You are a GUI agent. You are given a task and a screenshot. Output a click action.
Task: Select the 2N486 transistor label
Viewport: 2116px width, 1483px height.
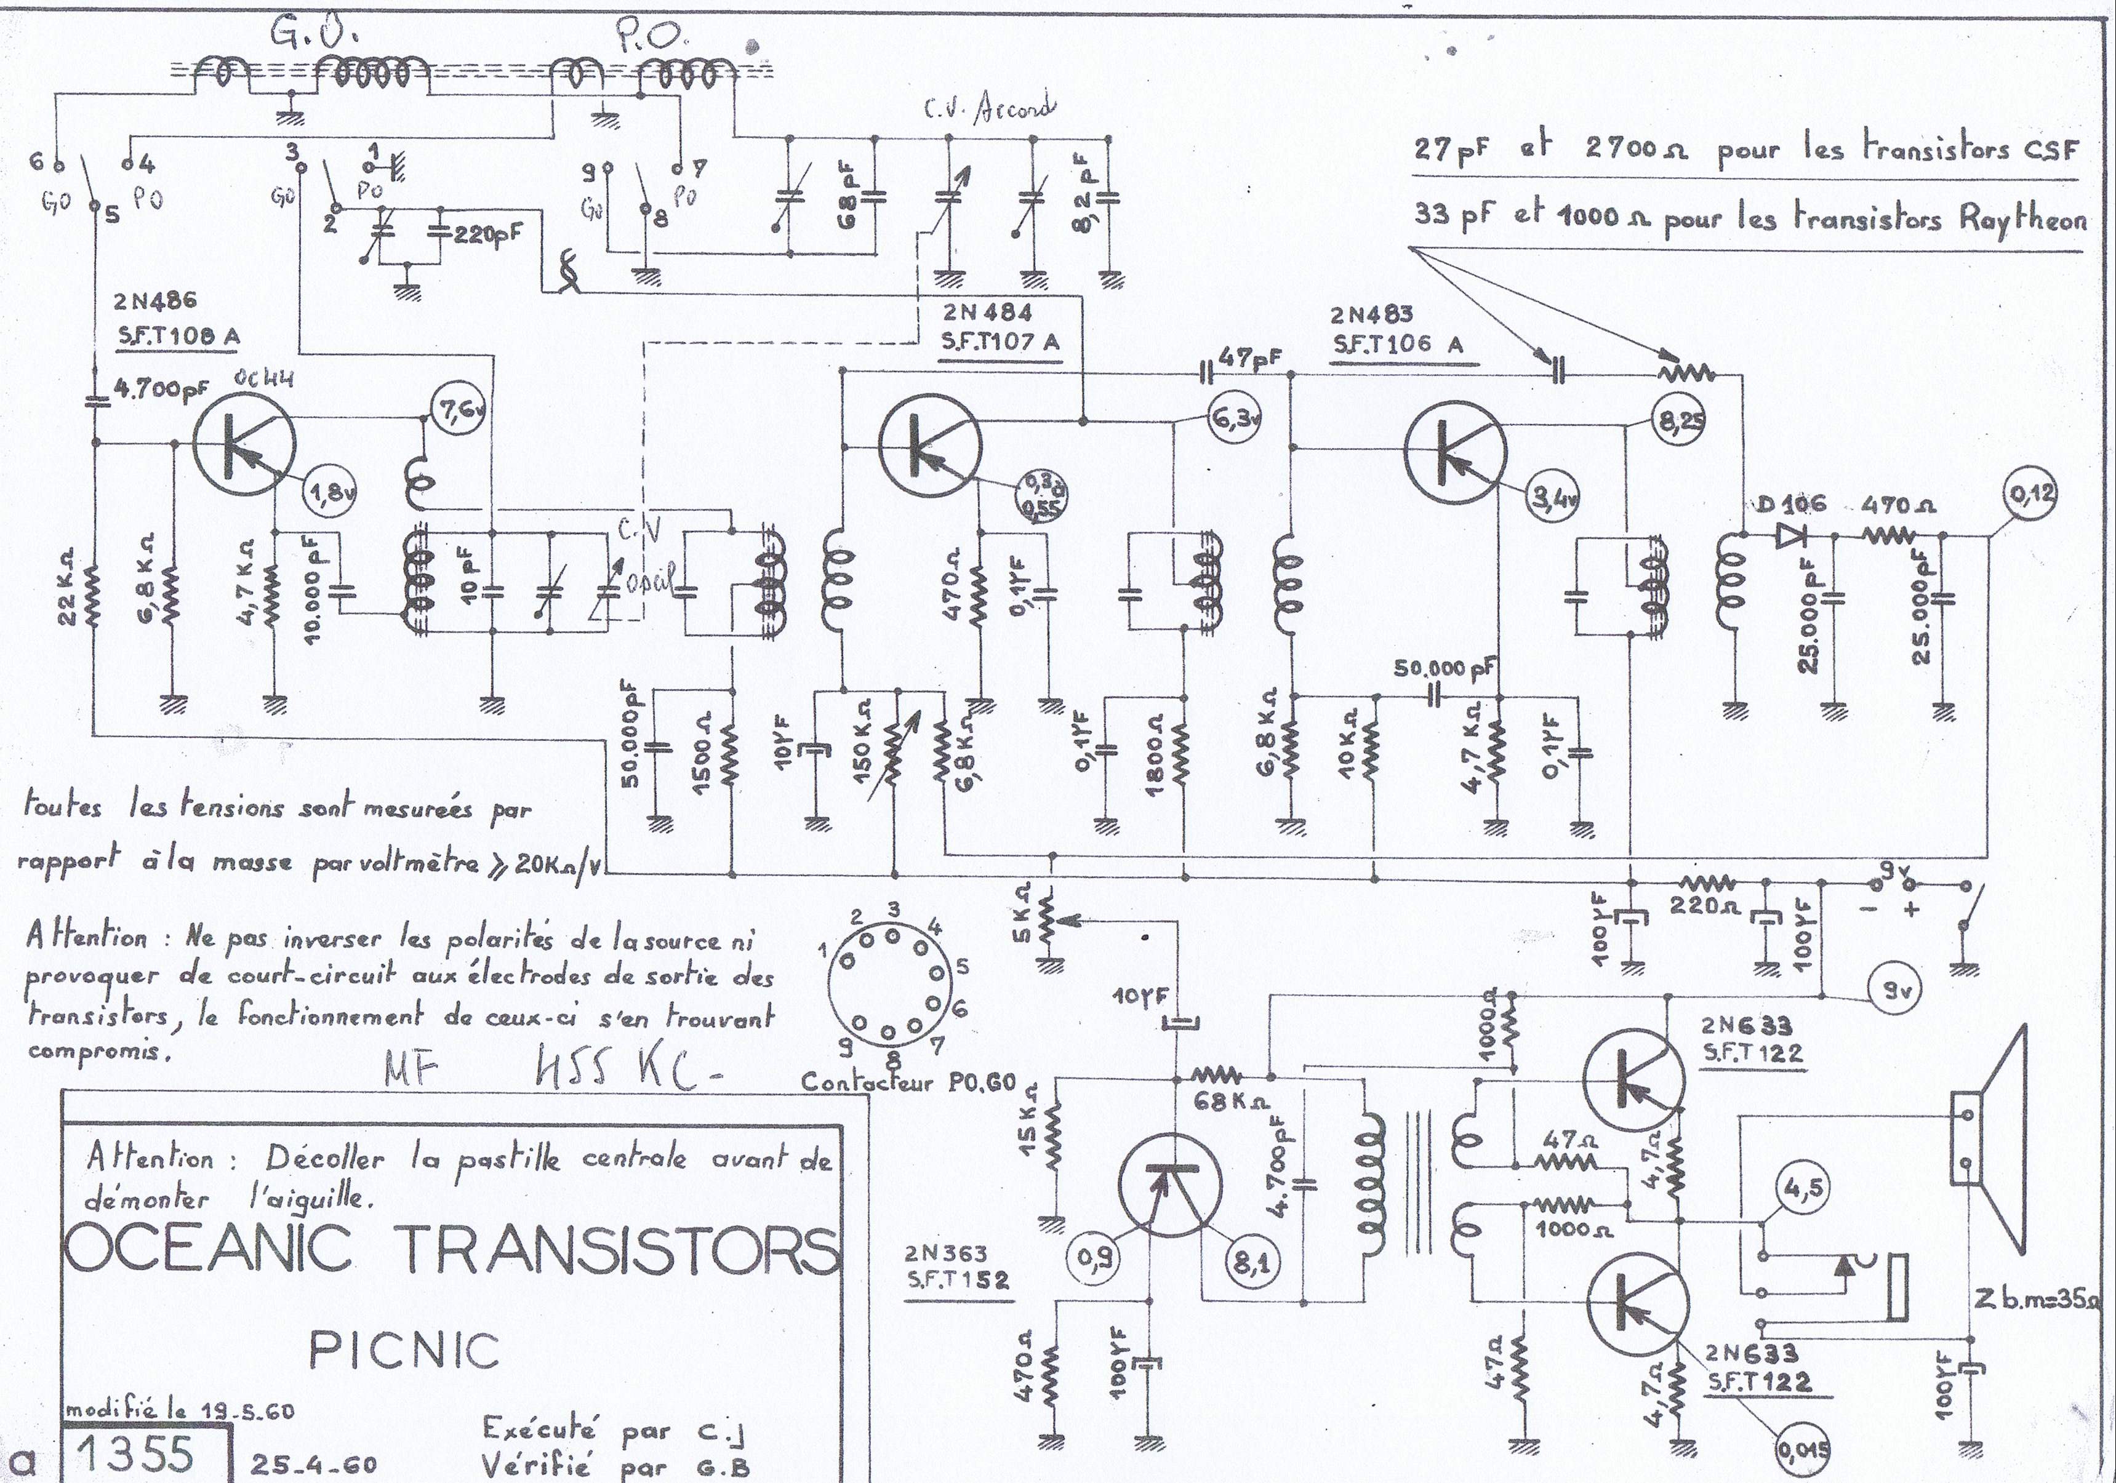click(x=156, y=302)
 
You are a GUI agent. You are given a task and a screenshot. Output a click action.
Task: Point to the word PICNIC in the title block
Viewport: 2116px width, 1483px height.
click(x=404, y=1351)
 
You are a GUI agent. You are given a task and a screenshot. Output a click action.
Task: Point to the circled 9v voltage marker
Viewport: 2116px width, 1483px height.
click(x=1896, y=992)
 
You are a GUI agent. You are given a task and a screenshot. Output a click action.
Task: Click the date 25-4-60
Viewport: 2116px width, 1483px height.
click(x=313, y=1465)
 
